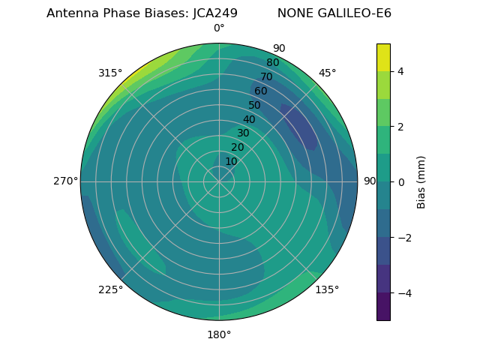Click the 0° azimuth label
point(219,28)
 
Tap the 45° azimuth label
point(327,73)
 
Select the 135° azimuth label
point(327,289)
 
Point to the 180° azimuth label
point(219,334)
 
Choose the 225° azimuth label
point(110,289)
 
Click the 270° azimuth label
point(65,181)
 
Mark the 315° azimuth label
point(110,73)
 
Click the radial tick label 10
point(231,161)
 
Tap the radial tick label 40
point(249,119)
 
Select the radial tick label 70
point(267,76)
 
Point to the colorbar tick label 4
point(401,71)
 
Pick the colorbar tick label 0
point(401,181)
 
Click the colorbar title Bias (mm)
point(421,181)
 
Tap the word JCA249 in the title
point(211,13)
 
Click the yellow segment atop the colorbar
point(383,57)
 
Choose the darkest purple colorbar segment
point(383,307)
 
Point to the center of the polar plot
point(219,181)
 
